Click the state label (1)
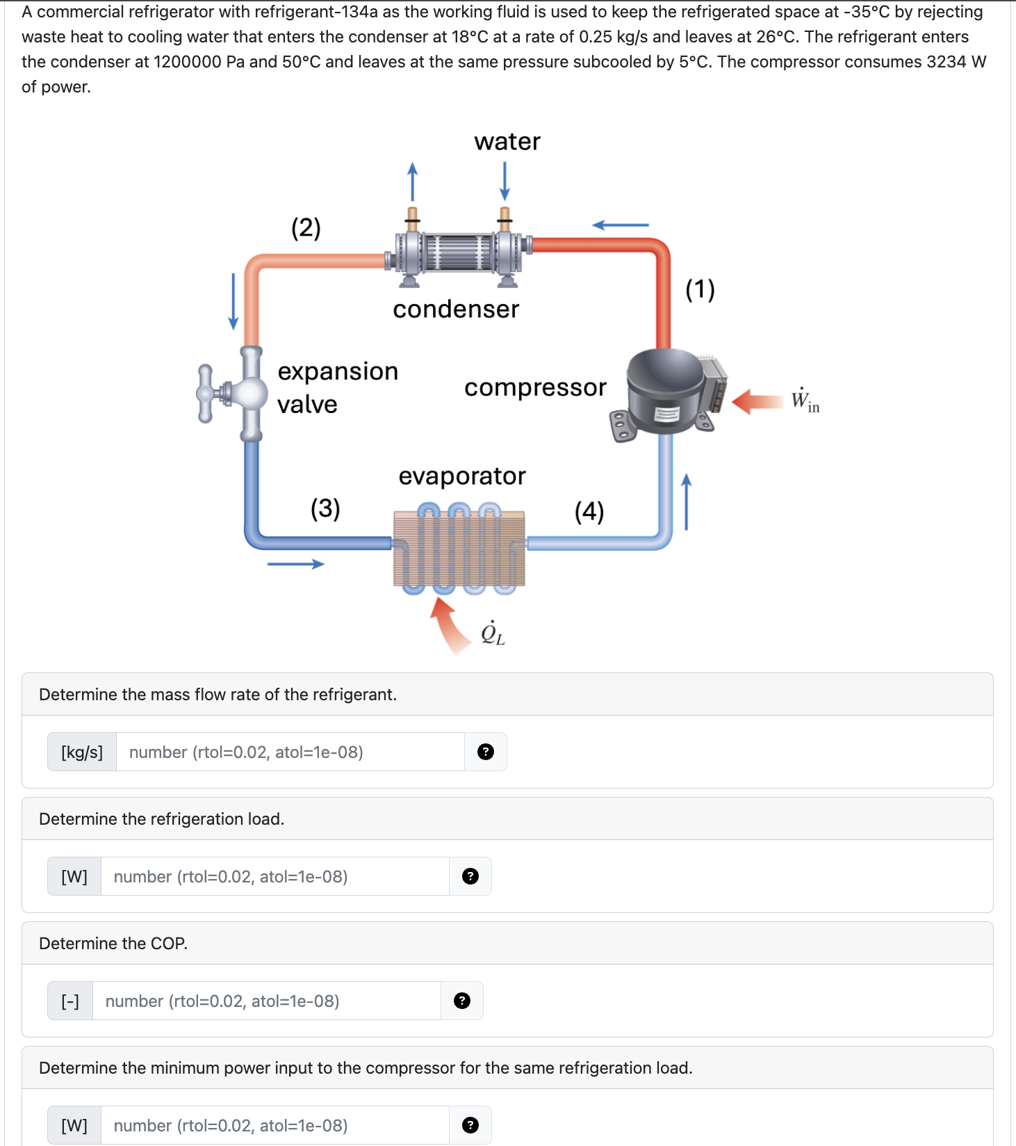(x=700, y=289)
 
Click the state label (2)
(x=306, y=228)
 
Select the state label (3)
(x=325, y=508)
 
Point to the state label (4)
(x=589, y=511)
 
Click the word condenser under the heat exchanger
(x=456, y=309)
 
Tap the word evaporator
(x=462, y=476)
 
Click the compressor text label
(x=535, y=387)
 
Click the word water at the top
(x=507, y=141)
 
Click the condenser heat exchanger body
(x=459, y=252)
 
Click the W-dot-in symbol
(x=805, y=401)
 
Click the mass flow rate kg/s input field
(x=290, y=752)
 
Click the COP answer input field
(x=266, y=1001)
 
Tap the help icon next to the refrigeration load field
(x=470, y=876)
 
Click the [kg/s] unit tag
(x=82, y=752)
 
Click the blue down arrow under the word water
(x=505, y=181)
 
